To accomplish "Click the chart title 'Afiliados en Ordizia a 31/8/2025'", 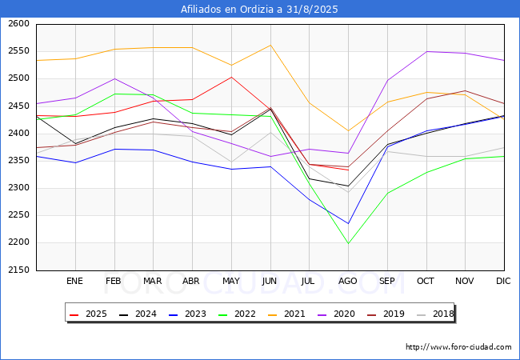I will coord(260,10).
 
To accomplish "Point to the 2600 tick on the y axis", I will coord(18,24).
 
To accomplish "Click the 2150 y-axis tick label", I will coord(18,270).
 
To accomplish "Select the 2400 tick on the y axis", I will coord(18,134).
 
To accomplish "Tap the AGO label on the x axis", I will coord(348,281).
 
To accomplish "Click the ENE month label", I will coord(74,281).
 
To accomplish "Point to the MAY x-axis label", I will coord(231,281).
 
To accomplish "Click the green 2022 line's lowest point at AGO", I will coord(348,243).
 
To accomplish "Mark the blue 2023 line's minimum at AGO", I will coord(348,223).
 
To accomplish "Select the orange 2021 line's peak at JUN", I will coord(270,45).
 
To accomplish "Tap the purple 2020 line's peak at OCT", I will coord(426,51).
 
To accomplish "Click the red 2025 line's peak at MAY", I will coord(231,77).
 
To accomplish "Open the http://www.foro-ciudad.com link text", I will coord(458,347).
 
